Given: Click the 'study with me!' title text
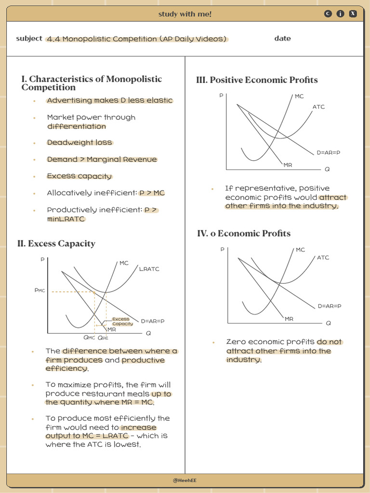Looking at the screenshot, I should [185, 14].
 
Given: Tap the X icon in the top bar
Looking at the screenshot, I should [353, 14].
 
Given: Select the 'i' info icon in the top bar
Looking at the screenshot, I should [341, 14].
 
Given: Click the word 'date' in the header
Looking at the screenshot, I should [282, 39].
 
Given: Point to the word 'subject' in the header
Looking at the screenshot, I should [29, 39].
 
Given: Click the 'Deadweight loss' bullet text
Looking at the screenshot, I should [79, 143].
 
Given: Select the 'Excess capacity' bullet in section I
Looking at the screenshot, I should [79, 176].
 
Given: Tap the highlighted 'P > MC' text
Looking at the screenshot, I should [152, 193].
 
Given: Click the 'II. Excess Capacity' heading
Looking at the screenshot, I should [56, 244].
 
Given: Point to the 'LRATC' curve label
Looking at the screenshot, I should [149, 269].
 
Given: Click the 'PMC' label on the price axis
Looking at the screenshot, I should [40, 290].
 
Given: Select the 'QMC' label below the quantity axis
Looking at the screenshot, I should [89, 338].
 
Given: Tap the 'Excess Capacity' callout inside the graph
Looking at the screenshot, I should [122, 322].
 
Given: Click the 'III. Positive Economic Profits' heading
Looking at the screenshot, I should [257, 80].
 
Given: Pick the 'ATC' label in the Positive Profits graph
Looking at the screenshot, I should [318, 107].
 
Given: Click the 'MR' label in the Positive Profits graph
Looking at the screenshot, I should [288, 165].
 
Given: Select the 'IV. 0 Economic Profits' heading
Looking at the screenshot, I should [244, 234].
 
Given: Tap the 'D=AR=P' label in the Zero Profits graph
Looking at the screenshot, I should [330, 306].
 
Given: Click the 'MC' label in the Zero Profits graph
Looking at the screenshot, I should [300, 250].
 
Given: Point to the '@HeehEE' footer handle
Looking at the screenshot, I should [185, 480].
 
